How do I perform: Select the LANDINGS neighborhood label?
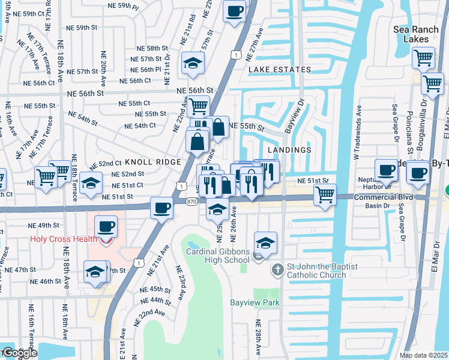tap(289, 150)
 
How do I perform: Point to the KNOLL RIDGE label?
tap(152, 163)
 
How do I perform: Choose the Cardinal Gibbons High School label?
tap(217, 256)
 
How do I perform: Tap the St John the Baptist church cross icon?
tap(277, 269)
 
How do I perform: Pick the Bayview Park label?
tap(255, 303)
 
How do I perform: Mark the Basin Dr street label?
tap(378, 206)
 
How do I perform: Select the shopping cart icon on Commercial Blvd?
tap(325, 194)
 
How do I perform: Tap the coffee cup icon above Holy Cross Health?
tap(106, 227)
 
